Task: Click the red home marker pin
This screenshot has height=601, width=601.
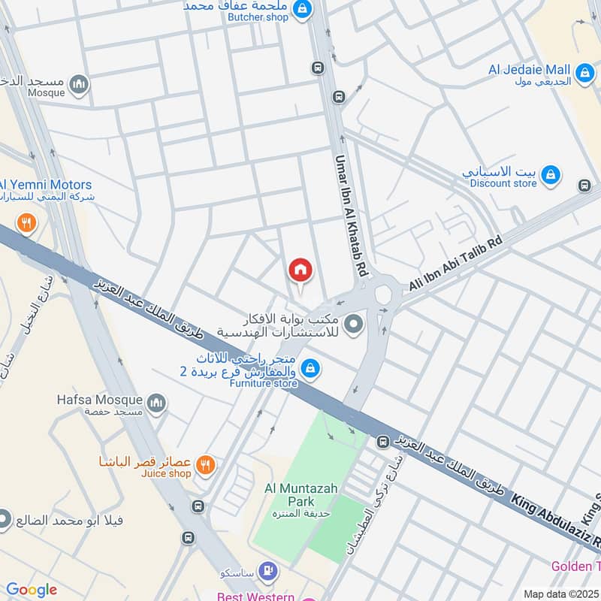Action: (300, 270)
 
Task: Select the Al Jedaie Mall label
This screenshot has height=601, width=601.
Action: (530, 70)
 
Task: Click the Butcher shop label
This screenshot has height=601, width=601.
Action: (258, 17)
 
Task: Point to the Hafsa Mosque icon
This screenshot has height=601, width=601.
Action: (157, 404)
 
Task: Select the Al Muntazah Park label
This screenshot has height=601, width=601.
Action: (301, 488)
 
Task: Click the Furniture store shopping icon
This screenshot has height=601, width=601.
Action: (309, 368)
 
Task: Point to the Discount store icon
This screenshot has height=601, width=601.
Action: (551, 175)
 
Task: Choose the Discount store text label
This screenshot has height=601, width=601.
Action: (503, 183)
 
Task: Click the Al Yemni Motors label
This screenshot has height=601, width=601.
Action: (45, 185)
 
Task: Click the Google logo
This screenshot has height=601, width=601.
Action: (32, 590)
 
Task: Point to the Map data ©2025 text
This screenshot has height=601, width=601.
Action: (560, 593)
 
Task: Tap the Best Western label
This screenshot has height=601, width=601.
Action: (256, 596)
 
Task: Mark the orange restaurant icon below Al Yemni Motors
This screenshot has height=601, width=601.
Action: (26, 222)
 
